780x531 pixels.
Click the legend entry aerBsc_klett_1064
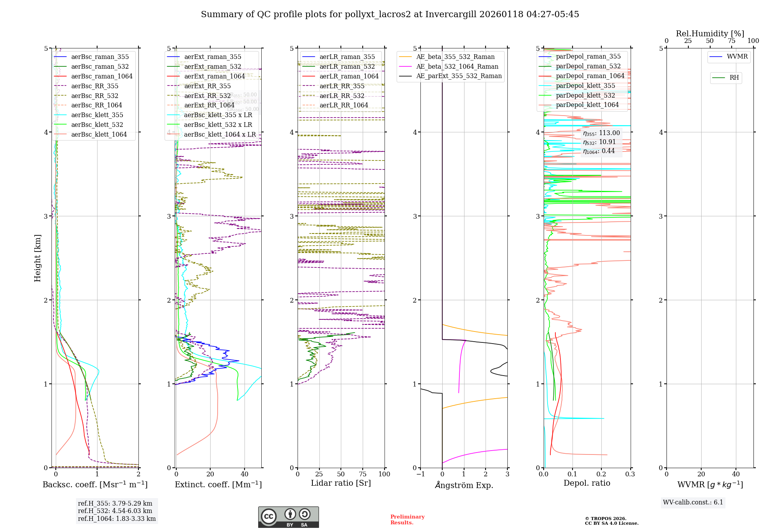pos(99,134)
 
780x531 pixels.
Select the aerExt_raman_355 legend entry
pos(213,57)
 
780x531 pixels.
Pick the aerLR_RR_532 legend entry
pos(342,96)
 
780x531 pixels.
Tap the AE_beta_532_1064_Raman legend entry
pos(457,67)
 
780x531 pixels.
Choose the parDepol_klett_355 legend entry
pos(585,86)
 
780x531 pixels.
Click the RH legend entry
pos(734,78)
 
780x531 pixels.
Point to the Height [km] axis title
pos(37,258)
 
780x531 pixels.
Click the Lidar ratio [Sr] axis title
pos(340,483)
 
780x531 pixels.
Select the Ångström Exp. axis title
pos(464,485)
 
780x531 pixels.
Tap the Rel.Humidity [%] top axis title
pos(710,34)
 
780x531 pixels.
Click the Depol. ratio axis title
pos(587,483)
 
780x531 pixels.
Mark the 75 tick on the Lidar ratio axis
pos(363,474)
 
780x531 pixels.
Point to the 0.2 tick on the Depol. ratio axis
pos(601,474)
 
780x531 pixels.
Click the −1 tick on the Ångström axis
pos(420,474)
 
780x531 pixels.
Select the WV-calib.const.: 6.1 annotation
pos(693,502)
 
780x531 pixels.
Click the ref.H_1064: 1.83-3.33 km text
pos(117,519)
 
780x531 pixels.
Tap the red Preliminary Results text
pos(407,520)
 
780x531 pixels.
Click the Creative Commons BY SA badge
pos(288,517)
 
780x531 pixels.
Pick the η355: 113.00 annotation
pos(601,133)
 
